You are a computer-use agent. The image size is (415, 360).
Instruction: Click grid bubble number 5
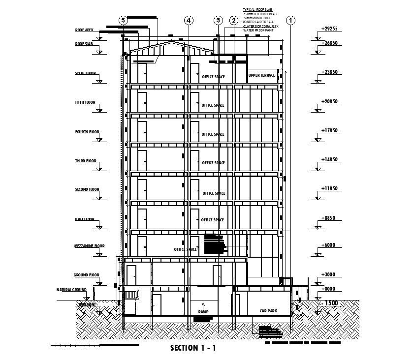click(x=124, y=20)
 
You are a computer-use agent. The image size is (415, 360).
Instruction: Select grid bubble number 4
click(x=189, y=20)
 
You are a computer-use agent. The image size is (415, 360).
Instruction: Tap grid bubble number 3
click(x=219, y=20)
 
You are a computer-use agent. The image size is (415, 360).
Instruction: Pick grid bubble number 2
click(x=233, y=20)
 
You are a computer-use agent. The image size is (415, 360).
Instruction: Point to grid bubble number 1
click(x=291, y=20)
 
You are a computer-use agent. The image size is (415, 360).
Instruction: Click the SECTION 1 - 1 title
click(x=193, y=349)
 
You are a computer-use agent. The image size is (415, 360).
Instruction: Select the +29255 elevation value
click(x=329, y=29)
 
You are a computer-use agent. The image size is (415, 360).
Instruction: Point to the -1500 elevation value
click(x=329, y=303)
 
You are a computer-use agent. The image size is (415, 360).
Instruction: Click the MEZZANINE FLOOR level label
click(x=90, y=246)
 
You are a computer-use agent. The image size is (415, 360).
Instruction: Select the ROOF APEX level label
click(x=84, y=30)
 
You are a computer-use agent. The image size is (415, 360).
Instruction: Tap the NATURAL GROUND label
click(x=71, y=290)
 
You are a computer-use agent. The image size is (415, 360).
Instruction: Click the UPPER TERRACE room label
click(x=261, y=75)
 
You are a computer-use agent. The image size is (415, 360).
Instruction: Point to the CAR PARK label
click(x=269, y=311)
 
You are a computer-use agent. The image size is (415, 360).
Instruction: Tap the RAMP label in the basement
click(x=203, y=312)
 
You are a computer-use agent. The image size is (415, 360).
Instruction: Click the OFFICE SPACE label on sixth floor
click(x=213, y=77)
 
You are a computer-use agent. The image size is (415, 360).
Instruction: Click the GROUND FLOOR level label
click(x=87, y=275)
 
